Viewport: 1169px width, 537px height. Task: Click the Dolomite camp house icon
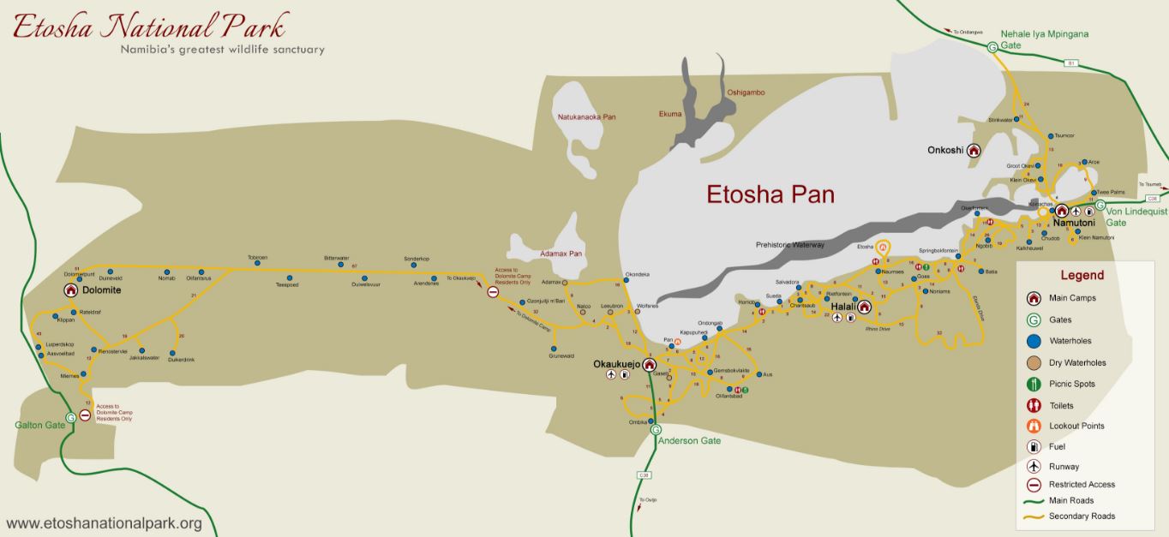(x=70, y=290)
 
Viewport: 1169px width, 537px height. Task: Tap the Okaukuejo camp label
(x=617, y=364)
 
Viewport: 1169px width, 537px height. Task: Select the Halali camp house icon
(x=864, y=307)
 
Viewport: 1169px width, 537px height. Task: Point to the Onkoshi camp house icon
(x=974, y=151)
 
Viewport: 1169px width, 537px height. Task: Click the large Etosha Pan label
(x=770, y=194)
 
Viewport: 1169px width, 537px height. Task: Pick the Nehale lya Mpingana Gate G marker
(x=992, y=47)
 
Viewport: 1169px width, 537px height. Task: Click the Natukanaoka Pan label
(x=587, y=116)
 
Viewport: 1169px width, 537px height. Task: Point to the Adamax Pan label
(x=561, y=254)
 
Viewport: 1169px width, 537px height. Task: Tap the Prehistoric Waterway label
(x=789, y=245)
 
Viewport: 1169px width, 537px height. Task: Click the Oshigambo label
(x=746, y=92)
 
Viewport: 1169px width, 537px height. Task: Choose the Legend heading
(x=1082, y=276)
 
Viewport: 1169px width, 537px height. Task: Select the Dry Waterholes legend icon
(x=1034, y=362)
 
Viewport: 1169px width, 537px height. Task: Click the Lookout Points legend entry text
(x=1076, y=426)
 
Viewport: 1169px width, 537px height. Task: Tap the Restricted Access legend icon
(x=1034, y=484)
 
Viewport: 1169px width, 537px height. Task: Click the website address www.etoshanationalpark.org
(x=104, y=523)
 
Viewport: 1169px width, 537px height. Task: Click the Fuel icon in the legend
(x=1034, y=446)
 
